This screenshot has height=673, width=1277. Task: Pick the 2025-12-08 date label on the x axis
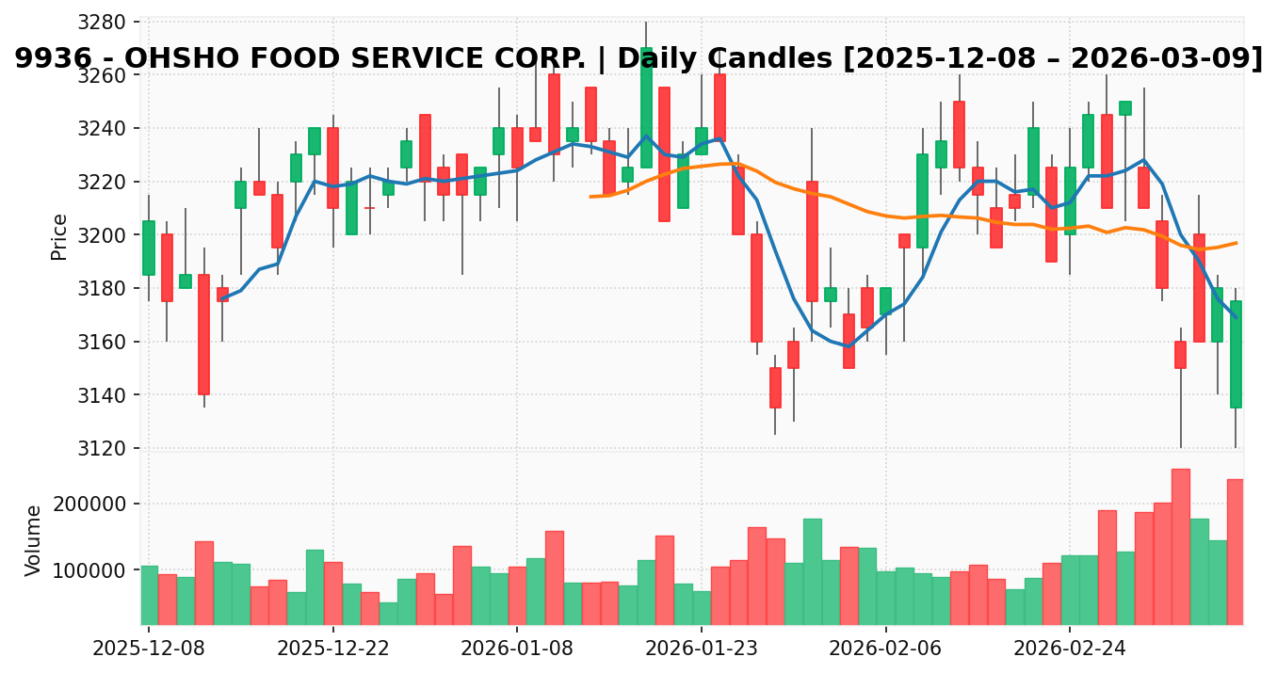[148, 649]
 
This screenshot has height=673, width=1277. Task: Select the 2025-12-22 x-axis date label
[332, 649]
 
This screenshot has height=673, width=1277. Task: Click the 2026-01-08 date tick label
[517, 649]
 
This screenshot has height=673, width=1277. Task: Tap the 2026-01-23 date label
[702, 649]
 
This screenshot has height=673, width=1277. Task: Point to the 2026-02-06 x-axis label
[886, 649]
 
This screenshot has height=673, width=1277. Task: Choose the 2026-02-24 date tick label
[1070, 649]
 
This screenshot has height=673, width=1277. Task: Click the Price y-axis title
[59, 236]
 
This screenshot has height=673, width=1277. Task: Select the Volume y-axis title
[34, 540]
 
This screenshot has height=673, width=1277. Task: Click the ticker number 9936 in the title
[47, 58]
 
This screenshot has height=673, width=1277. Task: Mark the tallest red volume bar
[1180, 546]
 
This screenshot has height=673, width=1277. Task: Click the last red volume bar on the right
[1236, 552]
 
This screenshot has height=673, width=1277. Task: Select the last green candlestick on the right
[1236, 354]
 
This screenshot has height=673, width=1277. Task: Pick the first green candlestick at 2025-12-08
[149, 248]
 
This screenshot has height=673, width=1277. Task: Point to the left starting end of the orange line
[590, 197]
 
